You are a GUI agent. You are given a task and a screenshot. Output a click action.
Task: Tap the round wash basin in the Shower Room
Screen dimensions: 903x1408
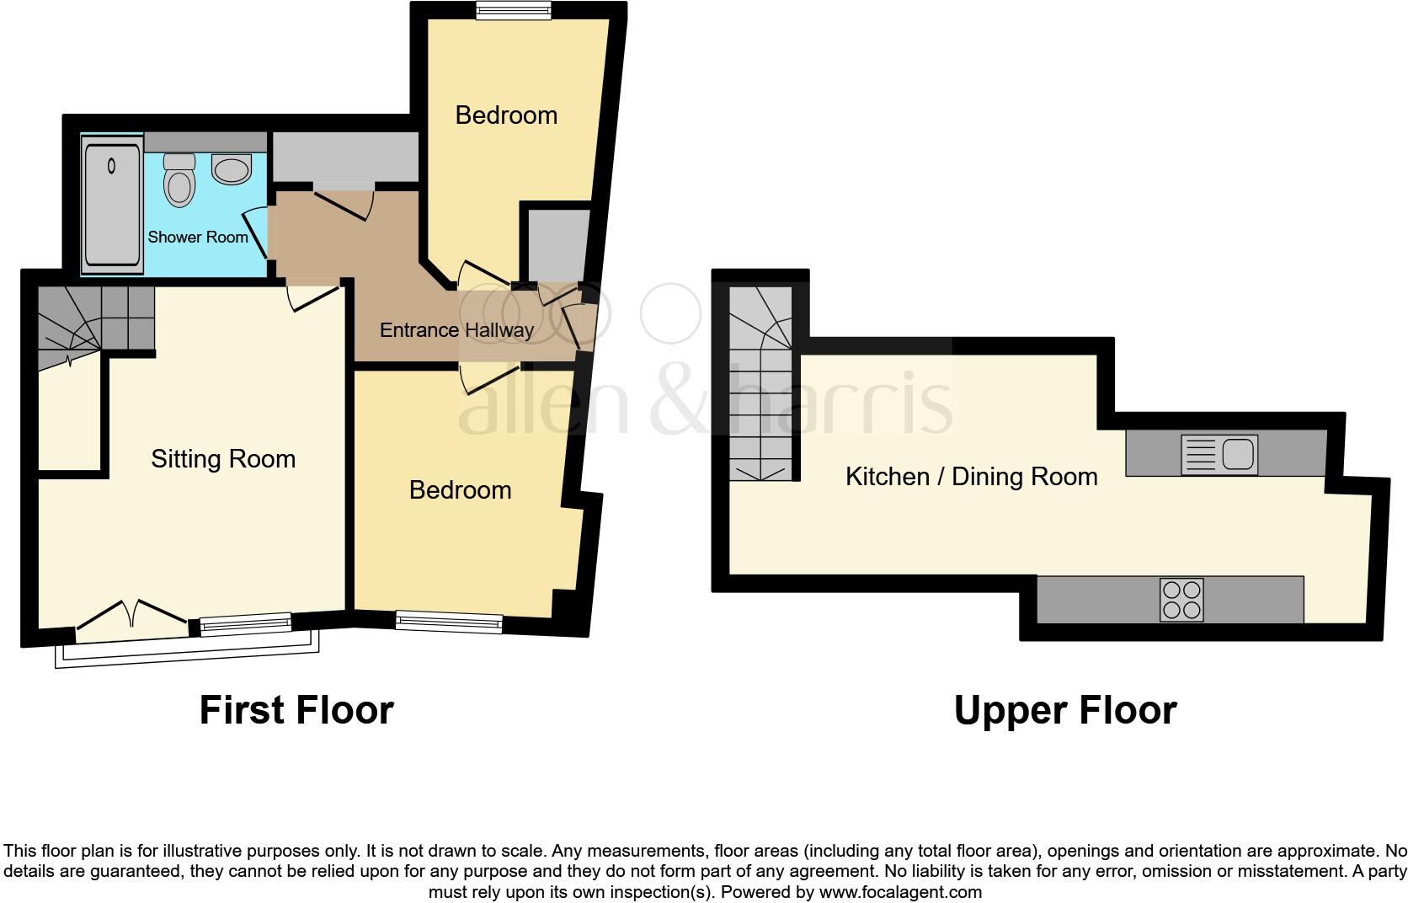point(232,170)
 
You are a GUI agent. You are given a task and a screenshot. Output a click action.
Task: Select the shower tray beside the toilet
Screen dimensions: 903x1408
point(112,205)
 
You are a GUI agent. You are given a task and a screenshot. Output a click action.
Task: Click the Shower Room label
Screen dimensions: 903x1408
point(198,238)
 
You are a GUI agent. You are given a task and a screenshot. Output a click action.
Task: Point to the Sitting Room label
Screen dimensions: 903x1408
point(223,459)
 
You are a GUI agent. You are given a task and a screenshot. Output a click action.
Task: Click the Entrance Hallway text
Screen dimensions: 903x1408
point(456,330)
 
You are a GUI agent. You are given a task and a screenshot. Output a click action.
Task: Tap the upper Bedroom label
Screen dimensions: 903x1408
point(506,115)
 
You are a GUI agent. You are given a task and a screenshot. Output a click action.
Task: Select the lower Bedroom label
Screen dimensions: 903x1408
point(460,490)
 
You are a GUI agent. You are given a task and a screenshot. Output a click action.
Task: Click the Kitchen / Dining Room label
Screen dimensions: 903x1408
point(971,477)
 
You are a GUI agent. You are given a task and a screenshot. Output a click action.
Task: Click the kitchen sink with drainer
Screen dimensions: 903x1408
point(1219,454)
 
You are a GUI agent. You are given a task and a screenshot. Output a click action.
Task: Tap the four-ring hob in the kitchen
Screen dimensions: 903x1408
point(1181,600)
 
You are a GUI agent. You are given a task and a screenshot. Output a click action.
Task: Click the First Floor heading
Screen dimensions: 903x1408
point(296,710)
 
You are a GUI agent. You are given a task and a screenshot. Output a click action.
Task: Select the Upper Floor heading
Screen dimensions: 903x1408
point(1064,710)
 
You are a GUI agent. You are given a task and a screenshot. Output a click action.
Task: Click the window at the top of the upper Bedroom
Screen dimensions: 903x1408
point(513,10)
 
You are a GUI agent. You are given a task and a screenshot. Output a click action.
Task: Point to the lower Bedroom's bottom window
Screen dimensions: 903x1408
point(449,623)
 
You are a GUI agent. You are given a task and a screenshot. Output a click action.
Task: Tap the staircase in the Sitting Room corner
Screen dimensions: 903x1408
point(84,324)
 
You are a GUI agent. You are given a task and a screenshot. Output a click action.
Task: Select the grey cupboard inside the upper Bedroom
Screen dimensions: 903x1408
point(556,244)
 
